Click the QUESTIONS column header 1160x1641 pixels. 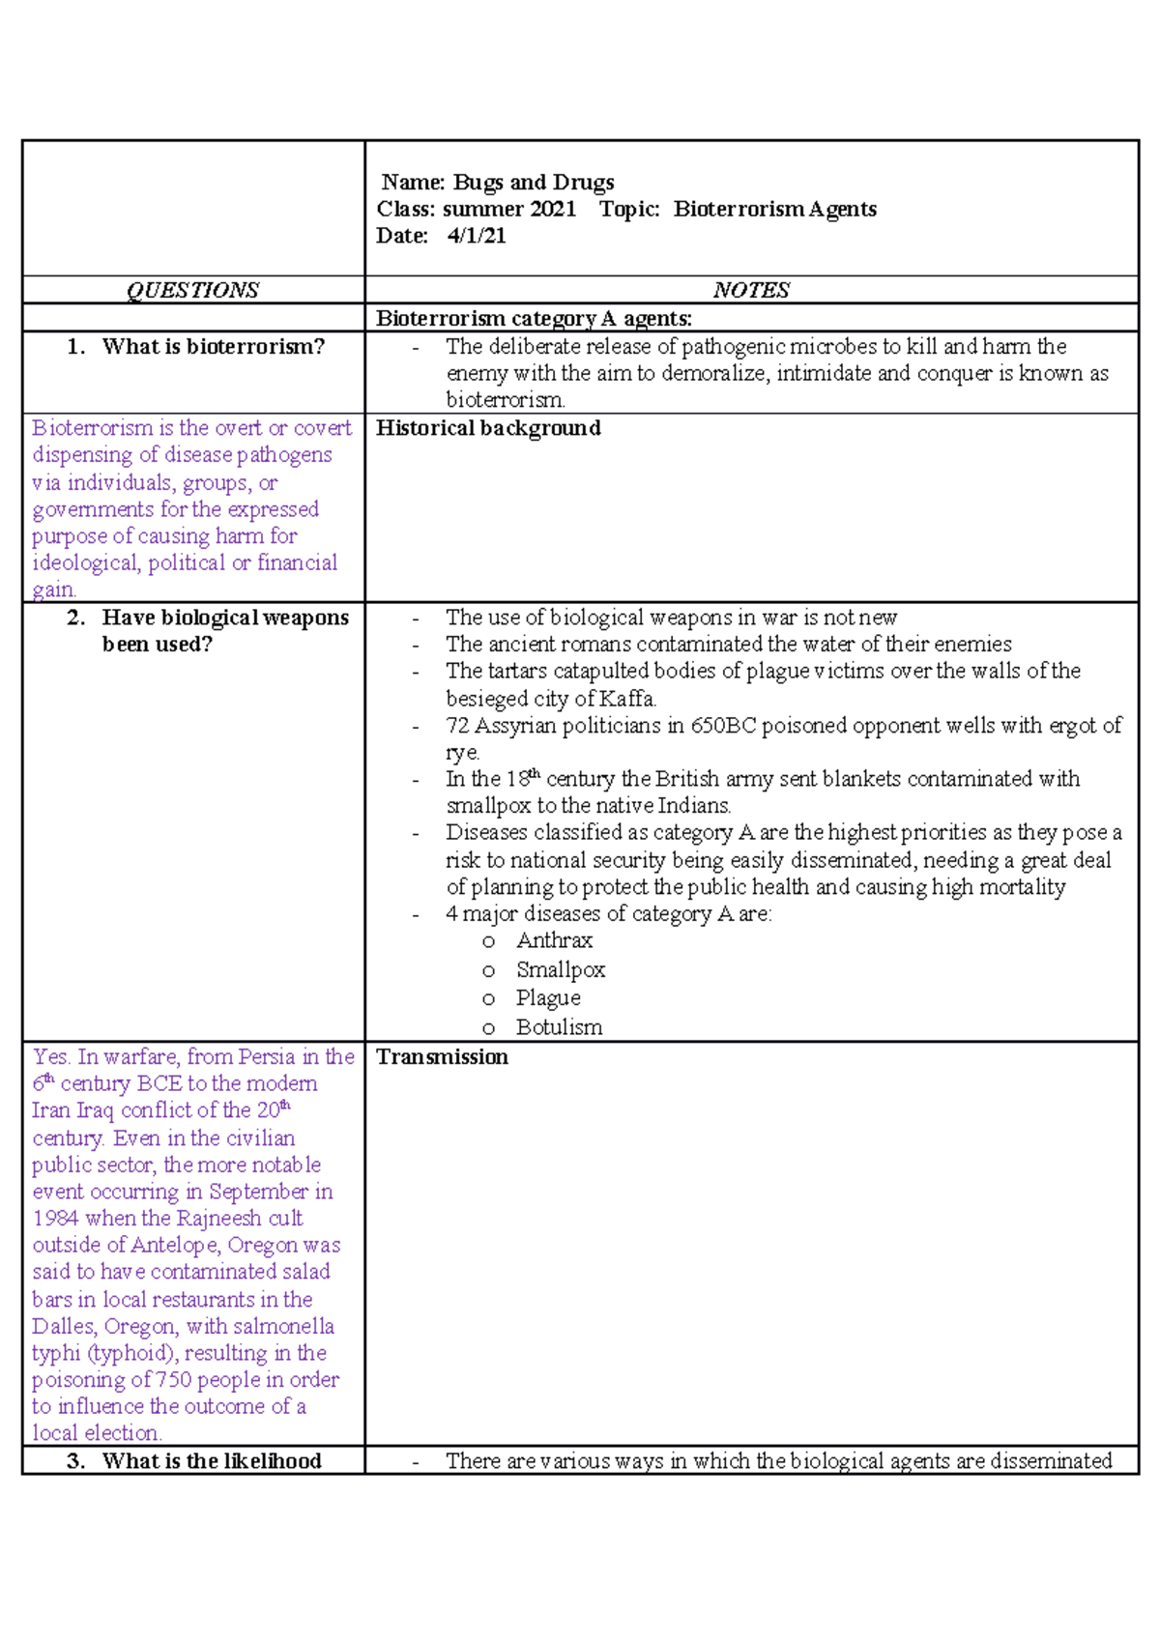192,290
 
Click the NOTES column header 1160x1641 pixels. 751,290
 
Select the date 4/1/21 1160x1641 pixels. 477,236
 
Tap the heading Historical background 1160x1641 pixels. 488,428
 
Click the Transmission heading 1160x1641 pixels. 442,1057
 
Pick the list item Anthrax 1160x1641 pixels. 554,940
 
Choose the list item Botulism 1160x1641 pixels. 559,1027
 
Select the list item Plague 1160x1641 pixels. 548,997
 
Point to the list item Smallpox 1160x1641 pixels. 561,969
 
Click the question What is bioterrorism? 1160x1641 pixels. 213,347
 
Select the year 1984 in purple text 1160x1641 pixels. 55,1219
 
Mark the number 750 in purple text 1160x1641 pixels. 174,1380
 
